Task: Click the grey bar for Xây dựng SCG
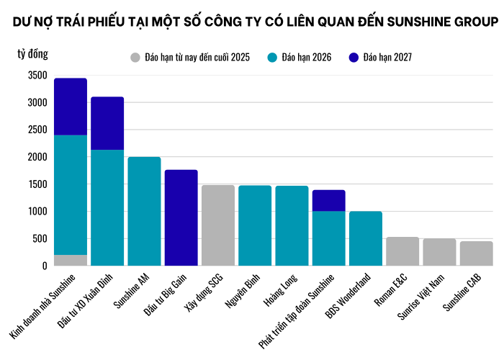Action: point(218,225)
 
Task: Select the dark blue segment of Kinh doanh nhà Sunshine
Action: point(71,107)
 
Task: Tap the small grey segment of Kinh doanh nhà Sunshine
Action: point(71,260)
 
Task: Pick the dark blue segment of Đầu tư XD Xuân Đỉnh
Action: point(107,123)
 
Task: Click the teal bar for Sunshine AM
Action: point(144,211)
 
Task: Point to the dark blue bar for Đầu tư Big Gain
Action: point(181,217)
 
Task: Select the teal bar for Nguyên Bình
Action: point(255,225)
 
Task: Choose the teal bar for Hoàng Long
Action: point(292,225)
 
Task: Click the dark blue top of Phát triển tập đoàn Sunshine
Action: point(329,200)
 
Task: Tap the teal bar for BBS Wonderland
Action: point(366,238)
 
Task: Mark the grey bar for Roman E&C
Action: point(402,251)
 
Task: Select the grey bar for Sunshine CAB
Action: point(477,253)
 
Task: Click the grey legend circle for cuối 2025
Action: point(135,57)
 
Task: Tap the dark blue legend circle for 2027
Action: point(352,57)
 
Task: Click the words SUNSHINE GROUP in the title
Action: point(437,22)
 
